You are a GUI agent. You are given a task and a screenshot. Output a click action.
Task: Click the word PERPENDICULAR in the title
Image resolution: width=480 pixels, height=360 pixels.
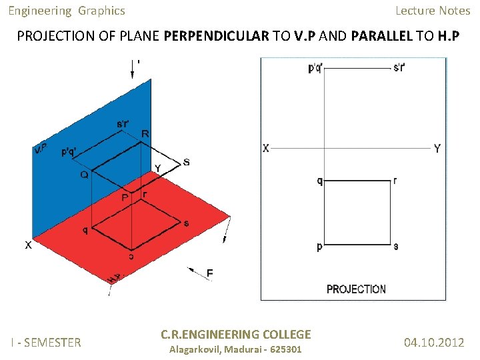click(216, 36)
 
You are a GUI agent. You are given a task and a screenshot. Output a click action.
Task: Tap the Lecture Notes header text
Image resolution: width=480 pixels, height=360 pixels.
click(433, 11)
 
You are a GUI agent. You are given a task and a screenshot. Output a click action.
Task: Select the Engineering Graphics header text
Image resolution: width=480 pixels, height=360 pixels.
click(67, 11)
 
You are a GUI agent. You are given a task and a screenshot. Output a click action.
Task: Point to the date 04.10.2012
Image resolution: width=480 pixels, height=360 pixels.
click(434, 343)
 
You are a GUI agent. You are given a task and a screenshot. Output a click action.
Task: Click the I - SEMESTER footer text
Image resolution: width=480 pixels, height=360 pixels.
click(45, 343)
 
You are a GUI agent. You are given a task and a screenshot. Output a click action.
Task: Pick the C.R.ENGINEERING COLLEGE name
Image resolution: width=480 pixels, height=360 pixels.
click(236, 335)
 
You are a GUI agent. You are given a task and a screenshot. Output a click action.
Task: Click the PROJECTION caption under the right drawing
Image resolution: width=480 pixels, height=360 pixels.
click(356, 289)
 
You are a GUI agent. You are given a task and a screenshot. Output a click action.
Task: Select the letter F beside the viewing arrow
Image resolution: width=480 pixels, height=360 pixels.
click(209, 273)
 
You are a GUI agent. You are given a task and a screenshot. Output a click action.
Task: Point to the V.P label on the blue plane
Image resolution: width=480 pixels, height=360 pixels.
click(40, 149)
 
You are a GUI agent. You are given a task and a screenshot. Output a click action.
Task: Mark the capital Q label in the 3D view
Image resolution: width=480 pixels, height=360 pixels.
click(85, 175)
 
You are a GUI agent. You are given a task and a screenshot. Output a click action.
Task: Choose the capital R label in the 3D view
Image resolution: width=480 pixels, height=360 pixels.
click(145, 135)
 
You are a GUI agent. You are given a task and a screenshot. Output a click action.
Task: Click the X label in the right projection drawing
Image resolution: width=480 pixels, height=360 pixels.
click(266, 149)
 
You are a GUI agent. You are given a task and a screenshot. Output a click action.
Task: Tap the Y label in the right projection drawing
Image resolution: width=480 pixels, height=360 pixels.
click(437, 149)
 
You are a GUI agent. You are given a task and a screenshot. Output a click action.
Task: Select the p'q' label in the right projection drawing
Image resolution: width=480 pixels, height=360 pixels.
click(316, 68)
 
